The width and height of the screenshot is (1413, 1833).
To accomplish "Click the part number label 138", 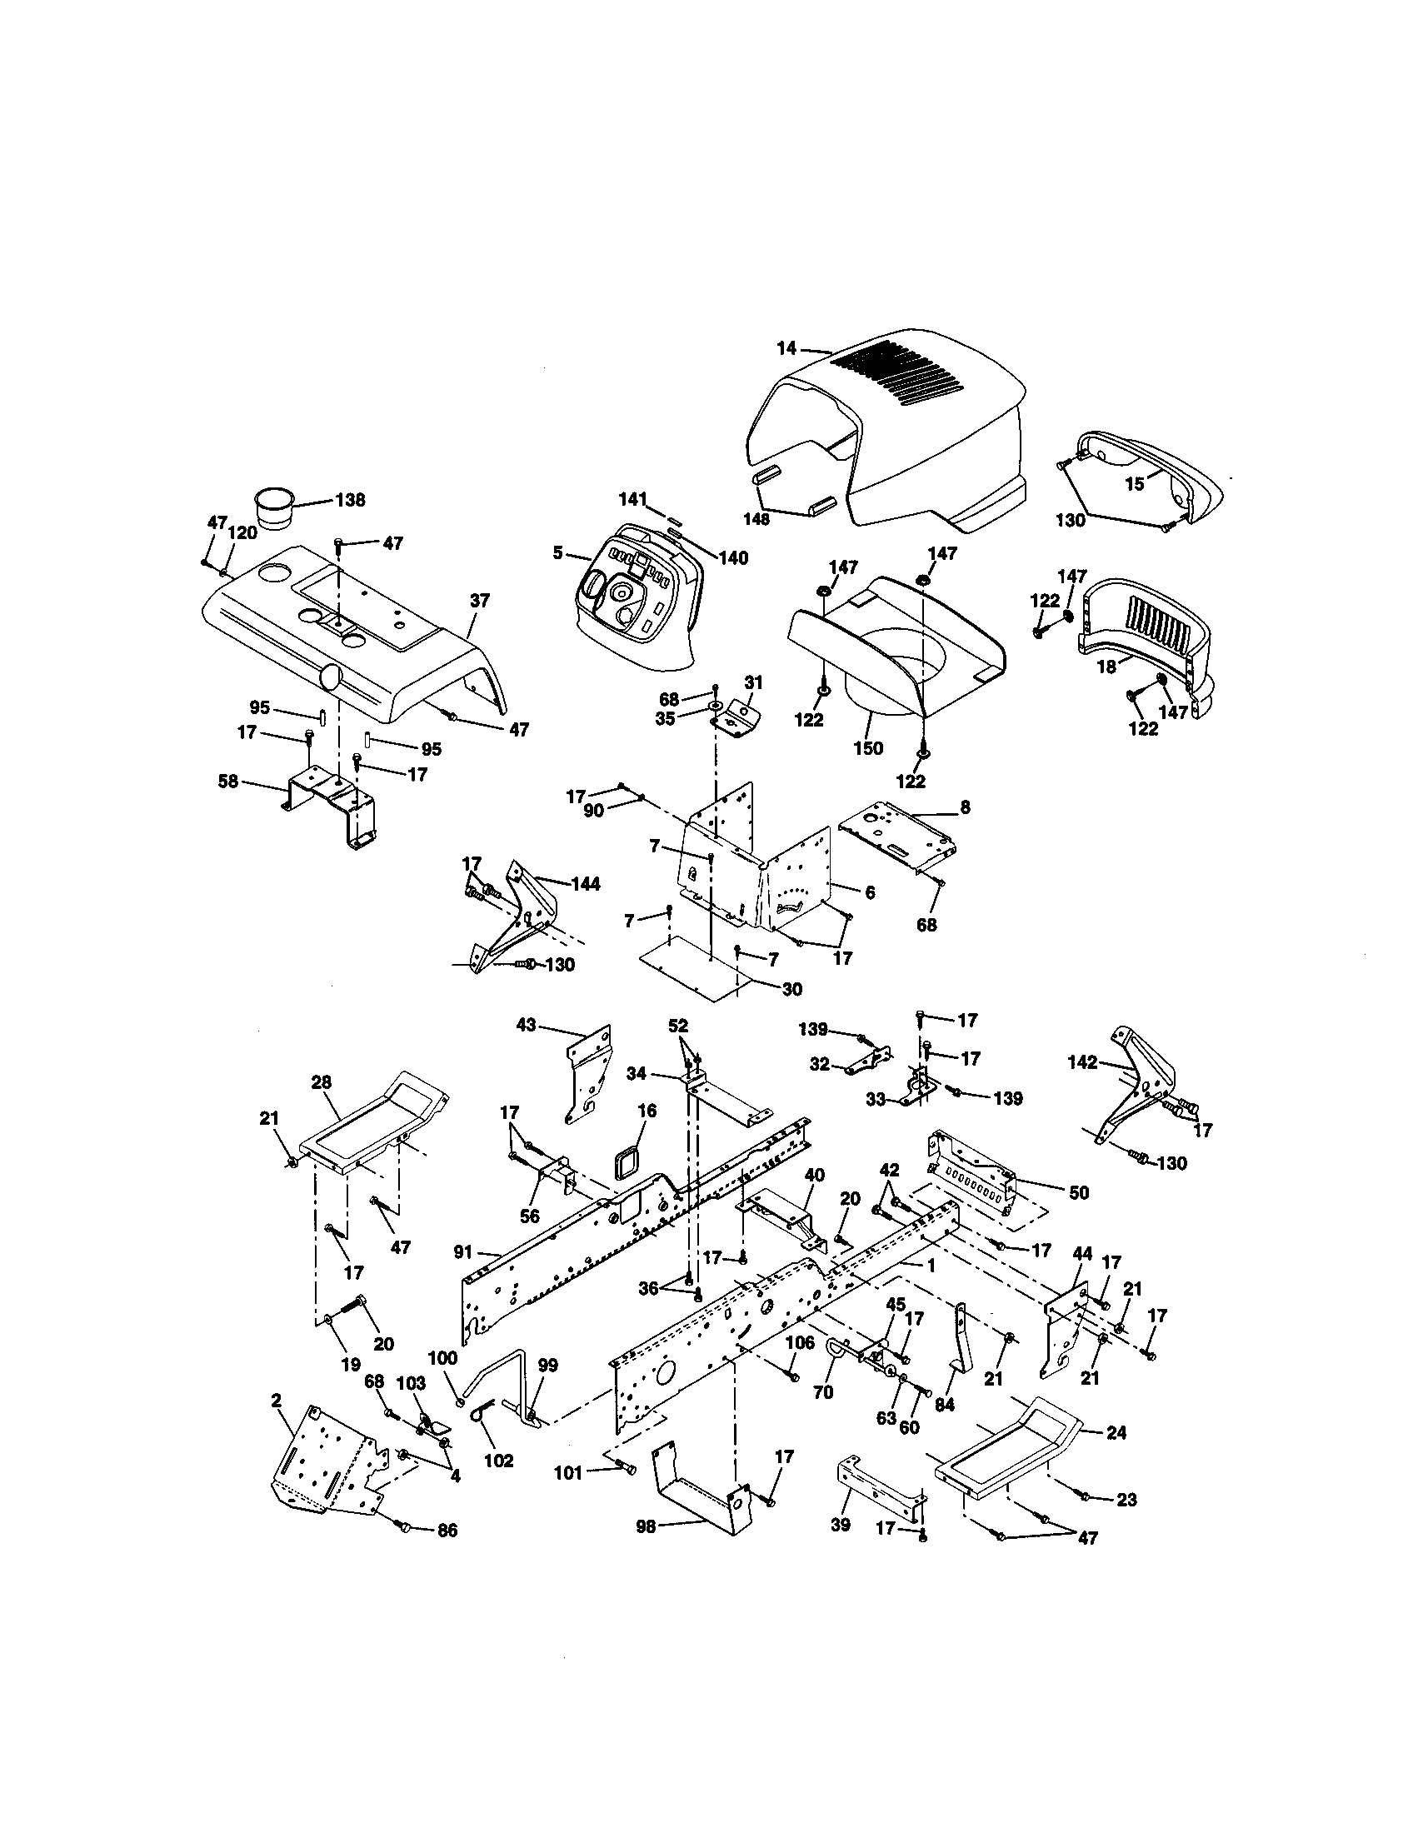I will pyautogui.click(x=350, y=500).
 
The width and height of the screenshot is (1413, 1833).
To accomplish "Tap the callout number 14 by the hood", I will pyautogui.click(x=786, y=347).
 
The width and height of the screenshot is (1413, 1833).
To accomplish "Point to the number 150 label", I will pyautogui.click(x=867, y=747).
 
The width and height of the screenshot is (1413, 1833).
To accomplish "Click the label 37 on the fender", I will pyautogui.click(x=479, y=601).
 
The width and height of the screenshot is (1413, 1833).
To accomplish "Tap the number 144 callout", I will pyautogui.click(x=586, y=884).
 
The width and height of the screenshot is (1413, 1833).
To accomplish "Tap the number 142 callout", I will pyautogui.click(x=1082, y=1062).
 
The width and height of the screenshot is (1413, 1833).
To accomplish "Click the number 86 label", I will pyautogui.click(x=447, y=1531).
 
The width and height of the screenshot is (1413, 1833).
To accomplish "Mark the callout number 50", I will pyautogui.click(x=1079, y=1192).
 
